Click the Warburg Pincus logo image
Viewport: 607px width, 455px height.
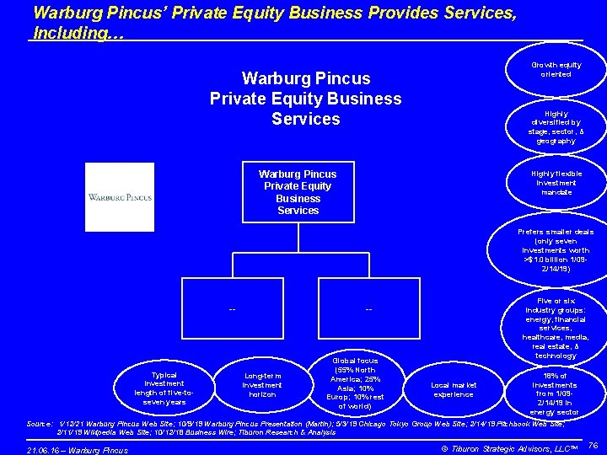click(x=120, y=197)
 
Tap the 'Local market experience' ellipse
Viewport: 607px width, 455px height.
click(x=454, y=389)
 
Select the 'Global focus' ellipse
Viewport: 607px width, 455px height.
click(x=357, y=383)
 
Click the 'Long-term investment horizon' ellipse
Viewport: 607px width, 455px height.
click(x=261, y=385)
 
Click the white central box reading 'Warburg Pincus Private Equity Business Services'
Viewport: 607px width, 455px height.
click(x=298, y=192)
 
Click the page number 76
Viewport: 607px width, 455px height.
click(x=592, y=444)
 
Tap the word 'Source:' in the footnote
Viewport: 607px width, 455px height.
click(x=41, y=423)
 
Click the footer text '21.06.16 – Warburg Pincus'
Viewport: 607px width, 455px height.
click(x=78, y=450)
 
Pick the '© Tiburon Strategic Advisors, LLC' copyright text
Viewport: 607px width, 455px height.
click(x=505, y=447)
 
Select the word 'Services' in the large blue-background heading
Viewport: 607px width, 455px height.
click(x=305, y=119)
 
